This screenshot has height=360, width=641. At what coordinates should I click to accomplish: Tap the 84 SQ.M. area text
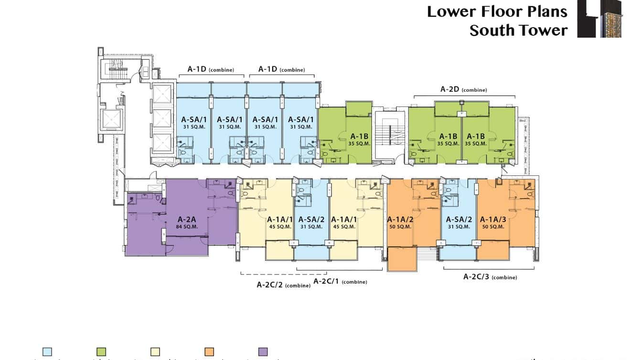(187, 227)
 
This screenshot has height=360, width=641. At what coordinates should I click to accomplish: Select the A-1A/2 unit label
(400, 220)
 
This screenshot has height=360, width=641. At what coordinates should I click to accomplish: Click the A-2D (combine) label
(463, 89)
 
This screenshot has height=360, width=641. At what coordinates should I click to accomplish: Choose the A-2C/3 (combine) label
(490, 276)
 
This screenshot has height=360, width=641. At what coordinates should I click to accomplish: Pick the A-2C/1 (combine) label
(340, 281)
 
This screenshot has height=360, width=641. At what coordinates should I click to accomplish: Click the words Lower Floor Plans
(497, 11)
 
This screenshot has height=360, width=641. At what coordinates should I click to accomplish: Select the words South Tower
(518, 31)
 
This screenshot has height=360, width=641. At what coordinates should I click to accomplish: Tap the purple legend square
(263, 352)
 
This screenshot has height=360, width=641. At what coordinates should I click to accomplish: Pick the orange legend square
(209, 352)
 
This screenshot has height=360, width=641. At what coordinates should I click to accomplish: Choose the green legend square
(101, 352)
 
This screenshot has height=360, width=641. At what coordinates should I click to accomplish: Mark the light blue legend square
(47, 352)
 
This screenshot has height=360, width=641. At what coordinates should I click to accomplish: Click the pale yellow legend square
(155, 352)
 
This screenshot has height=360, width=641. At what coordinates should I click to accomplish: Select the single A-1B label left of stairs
(359, 136)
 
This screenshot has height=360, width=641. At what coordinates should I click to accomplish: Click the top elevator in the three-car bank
(162, 95)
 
